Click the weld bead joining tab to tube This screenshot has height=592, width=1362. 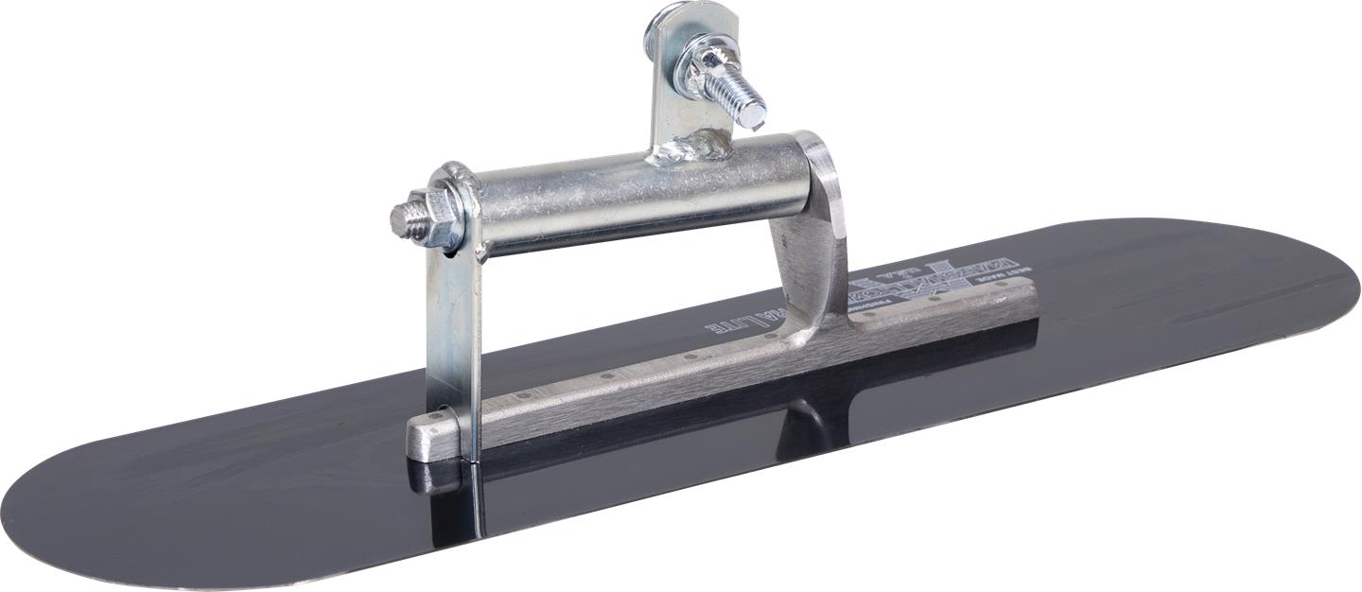pos(698,148)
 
